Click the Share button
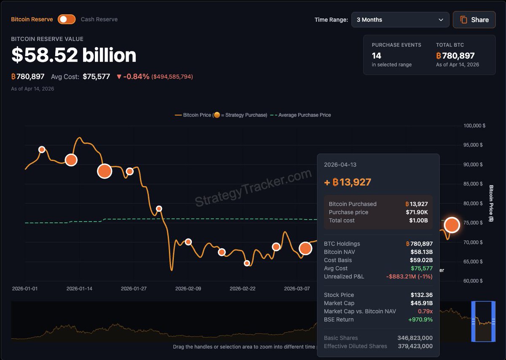click(474, 20)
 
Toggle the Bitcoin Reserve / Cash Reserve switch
click(67, 19)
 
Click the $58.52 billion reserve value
click(74, 55)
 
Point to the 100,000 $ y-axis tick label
click(474, 126)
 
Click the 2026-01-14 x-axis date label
click(79, 289)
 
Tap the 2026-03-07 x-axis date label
click(297, 289)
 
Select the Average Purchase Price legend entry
click(300, 115)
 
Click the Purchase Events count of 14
click(377, 56)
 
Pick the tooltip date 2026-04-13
click(340, 165)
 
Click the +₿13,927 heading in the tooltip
click(347, 182)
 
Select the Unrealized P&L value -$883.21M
click(409, 276)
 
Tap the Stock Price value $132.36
click(422, 295)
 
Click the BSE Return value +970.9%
click(420, 319)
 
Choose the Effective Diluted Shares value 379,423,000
click(415, 346)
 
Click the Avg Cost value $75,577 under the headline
click(96, 76)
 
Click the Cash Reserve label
click(99, 19)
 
